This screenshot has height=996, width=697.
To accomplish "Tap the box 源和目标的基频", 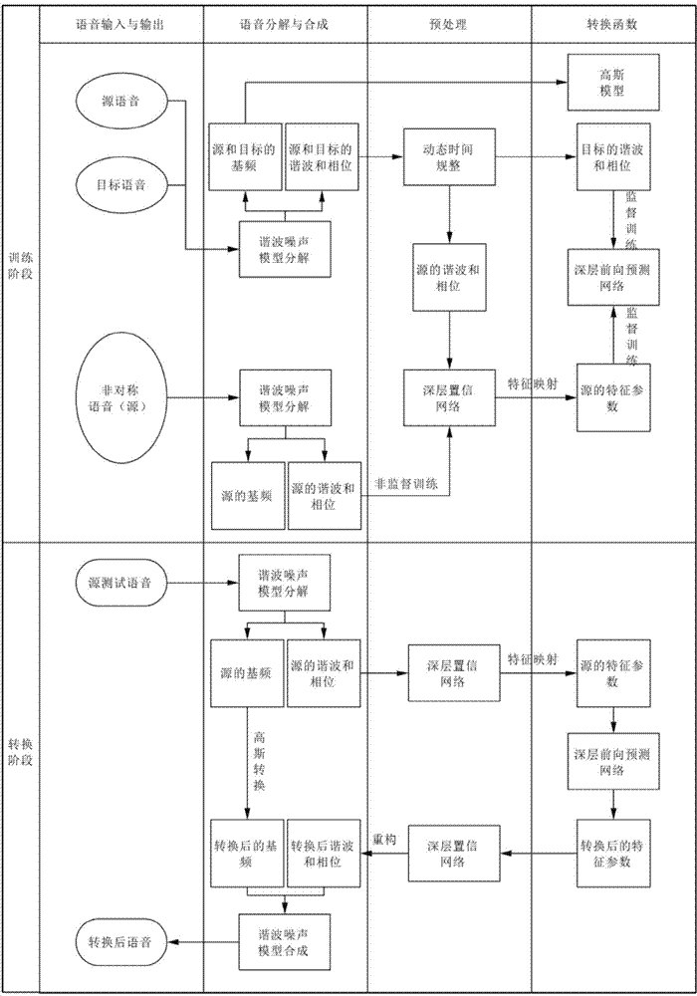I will coord(245,157).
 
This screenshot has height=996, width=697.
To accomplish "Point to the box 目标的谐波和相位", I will coord(611,157).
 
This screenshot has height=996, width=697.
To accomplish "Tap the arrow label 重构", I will coord(384,840).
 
